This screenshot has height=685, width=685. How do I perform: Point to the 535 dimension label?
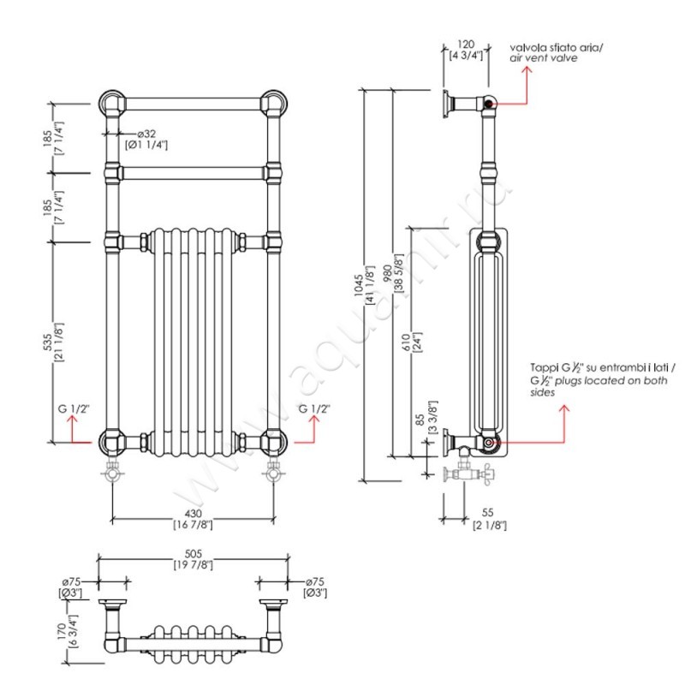[x=57, y=341]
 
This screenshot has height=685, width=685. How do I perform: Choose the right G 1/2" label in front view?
[x=314, y=408]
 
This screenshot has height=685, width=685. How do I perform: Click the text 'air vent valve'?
[x=544, y=58]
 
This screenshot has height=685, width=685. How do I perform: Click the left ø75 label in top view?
[x=70, y=582]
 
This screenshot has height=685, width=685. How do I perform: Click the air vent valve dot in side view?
[x=489, y=104]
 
